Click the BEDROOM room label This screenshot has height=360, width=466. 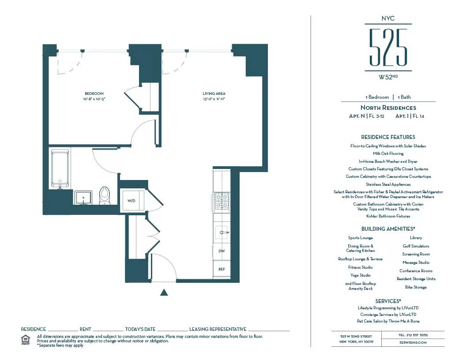(94, 94)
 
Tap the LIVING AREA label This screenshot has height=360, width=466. (214, 94)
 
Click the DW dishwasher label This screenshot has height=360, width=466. (222, 251)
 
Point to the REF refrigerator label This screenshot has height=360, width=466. (222, 268)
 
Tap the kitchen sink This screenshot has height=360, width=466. (222, 232)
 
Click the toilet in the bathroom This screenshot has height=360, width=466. (104, 195)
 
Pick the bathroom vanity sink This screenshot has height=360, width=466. (83, 198)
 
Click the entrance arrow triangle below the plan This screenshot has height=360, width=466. (164, 292)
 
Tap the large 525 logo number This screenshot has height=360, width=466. (388, 48)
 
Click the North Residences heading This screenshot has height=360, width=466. (388, 108)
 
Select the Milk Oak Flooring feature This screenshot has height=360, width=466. (388, 154)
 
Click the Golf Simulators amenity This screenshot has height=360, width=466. (416, 246)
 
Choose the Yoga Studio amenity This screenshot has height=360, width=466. (360, 275)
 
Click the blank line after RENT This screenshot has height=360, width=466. (108, 329)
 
